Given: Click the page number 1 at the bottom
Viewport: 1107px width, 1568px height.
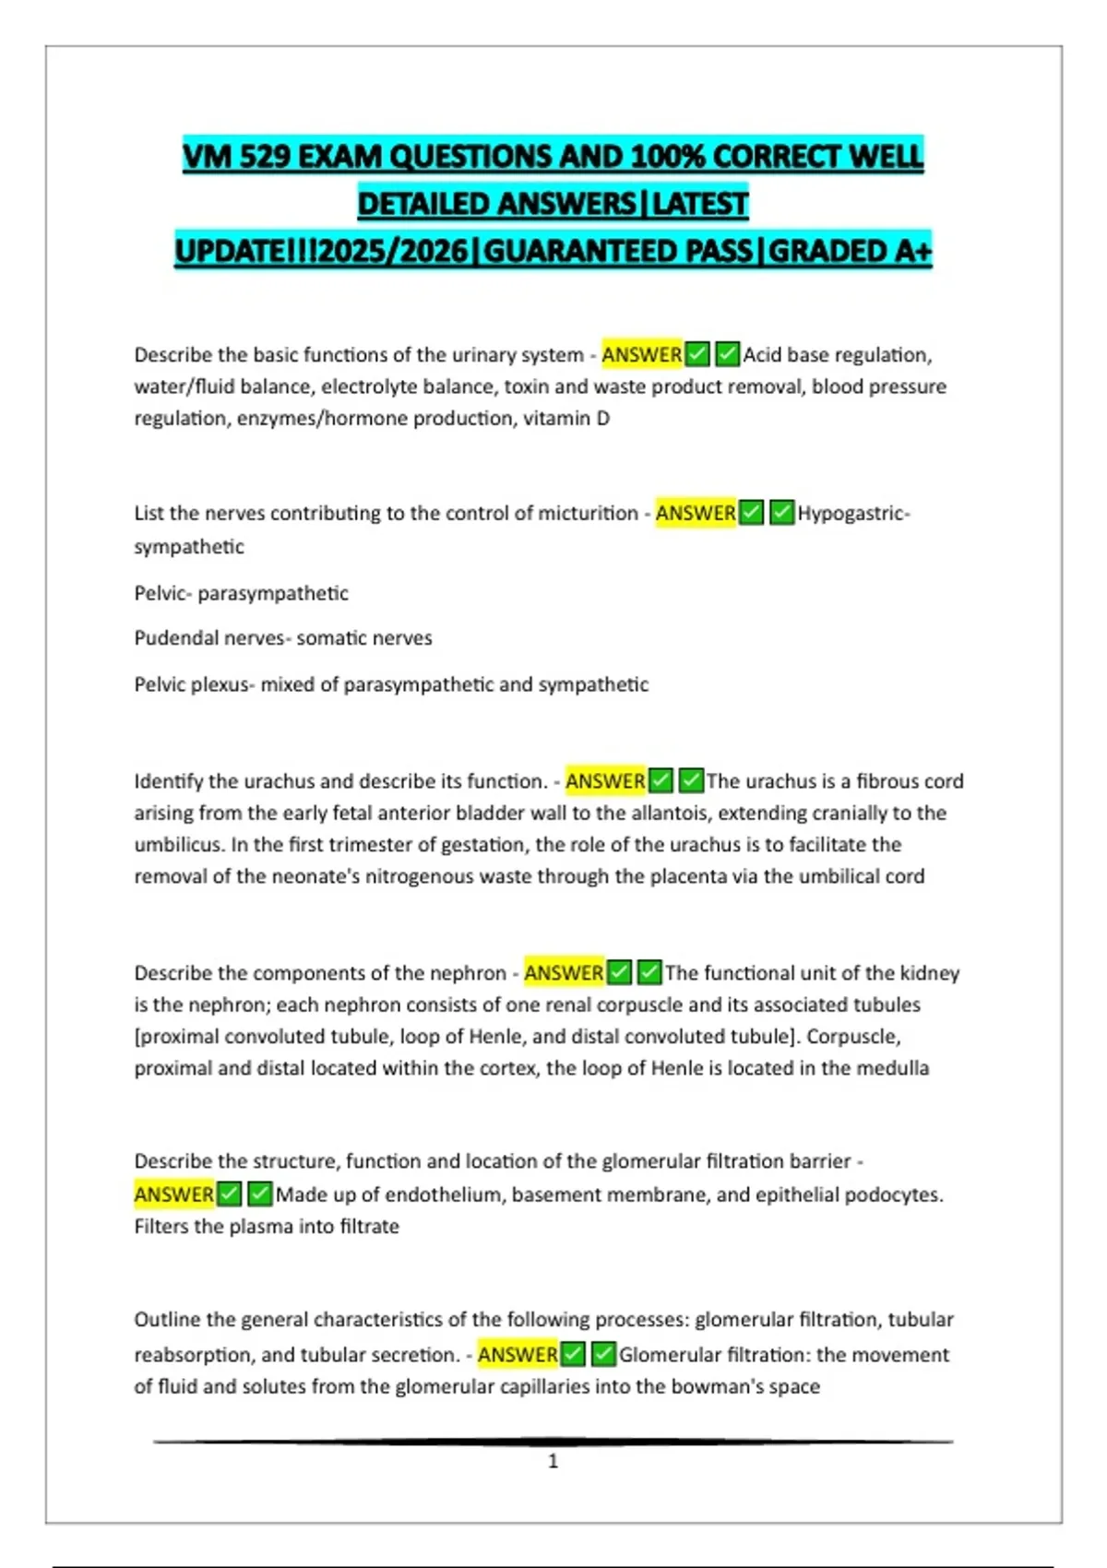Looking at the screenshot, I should (553, 1461).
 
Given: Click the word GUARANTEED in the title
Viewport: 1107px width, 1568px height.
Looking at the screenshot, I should (617, 251).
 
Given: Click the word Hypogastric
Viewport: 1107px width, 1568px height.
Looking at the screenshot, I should (851, 513).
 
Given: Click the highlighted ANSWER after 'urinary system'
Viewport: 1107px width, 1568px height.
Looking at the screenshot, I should (642, 354).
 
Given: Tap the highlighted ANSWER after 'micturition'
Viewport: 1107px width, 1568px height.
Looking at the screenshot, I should (696, 513).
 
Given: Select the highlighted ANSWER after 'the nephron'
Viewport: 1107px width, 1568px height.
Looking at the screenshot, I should (564, 973).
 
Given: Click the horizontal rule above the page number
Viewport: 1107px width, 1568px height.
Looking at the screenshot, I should (553, 1441).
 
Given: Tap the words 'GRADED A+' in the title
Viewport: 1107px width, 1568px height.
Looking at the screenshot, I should (850, 251).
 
